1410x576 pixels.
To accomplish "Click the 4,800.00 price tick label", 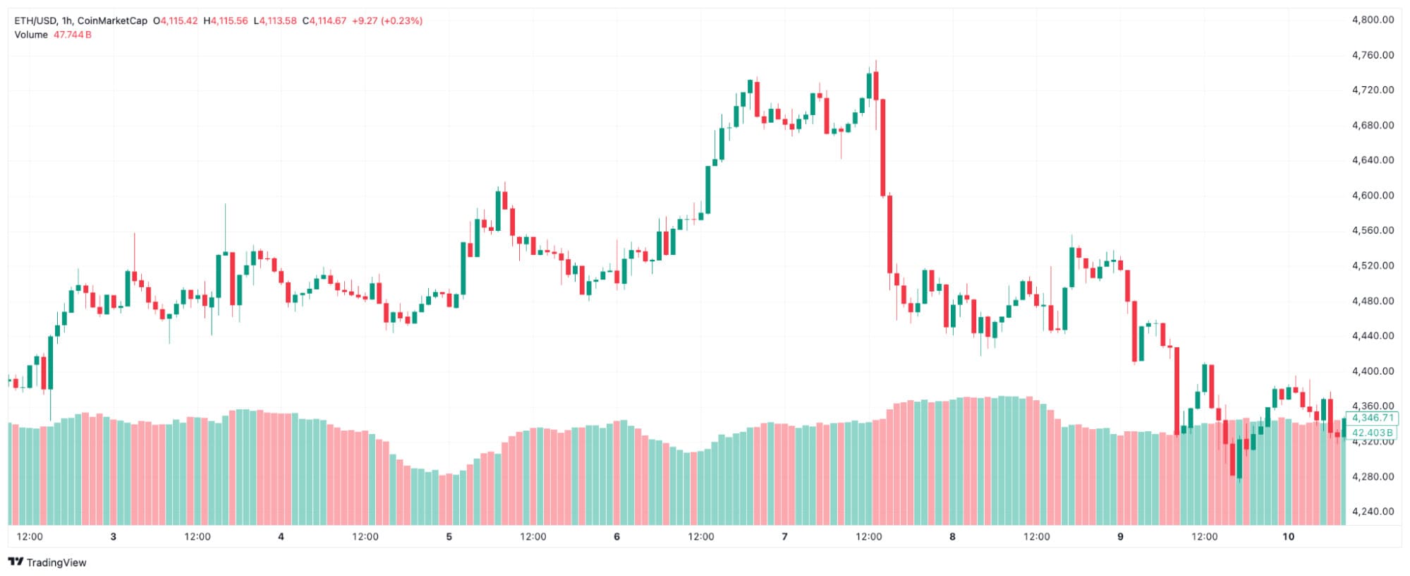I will [x=1372, y=20].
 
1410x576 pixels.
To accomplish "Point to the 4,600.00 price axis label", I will [x=1372, y=196].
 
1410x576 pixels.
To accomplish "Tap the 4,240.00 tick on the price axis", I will [x=1372, y=512].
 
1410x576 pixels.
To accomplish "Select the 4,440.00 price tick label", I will [x=1372, y=336].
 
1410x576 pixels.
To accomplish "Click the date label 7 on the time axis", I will [x=784, y=537].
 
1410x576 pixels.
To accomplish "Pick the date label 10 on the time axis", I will [x=1288, y=537].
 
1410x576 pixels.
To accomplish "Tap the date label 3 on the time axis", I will [x=113, y=537].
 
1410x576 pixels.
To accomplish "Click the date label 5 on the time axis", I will [x=449, y=537].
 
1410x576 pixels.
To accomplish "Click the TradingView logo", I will [x=47, y=563].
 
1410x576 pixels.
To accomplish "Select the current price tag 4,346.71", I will [x=1372, y=418].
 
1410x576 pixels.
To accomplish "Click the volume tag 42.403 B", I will [x=1372, y=433].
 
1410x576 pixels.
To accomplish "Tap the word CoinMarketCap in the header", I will [x=112, y=21].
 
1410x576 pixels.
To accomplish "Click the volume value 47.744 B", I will [x=73, y=35].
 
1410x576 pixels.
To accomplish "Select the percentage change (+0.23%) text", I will [x=401, y=21].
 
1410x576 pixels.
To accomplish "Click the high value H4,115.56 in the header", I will [x=226, y=21].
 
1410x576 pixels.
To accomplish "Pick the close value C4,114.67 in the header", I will [x=324, y=21].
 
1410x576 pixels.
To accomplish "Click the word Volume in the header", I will [x=31, y=35].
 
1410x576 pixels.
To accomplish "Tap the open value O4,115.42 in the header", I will [x=176, y=21].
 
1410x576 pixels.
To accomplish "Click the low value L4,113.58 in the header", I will [x=275, y=21].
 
